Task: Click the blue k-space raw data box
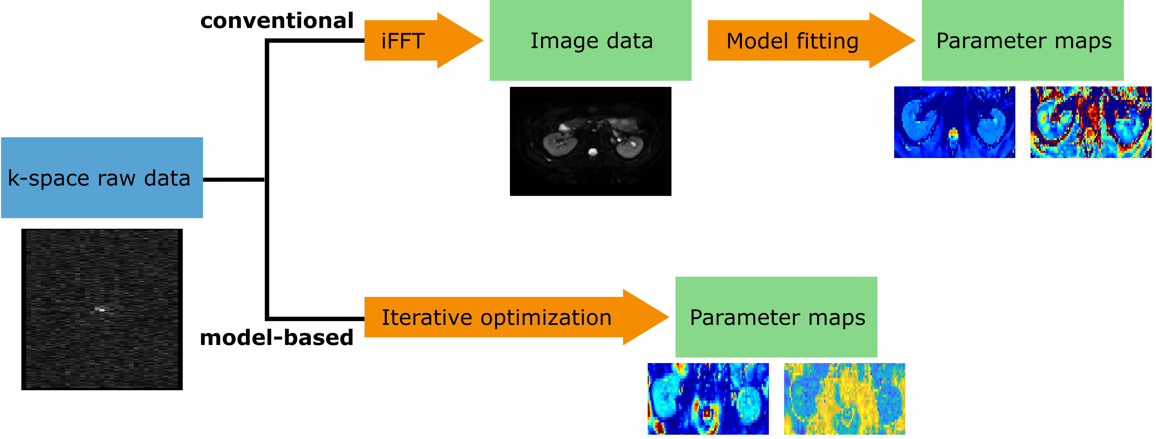(102, 178)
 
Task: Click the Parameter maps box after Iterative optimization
(776, 317)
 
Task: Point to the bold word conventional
(277, 21)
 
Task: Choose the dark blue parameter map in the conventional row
(954, 122)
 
